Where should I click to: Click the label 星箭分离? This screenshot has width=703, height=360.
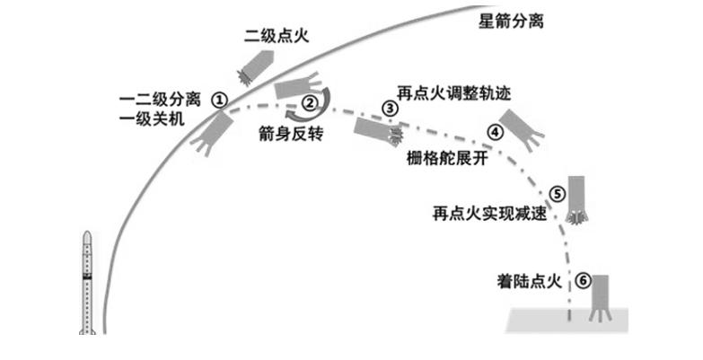point(512,20)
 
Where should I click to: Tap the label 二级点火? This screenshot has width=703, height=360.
point(275,36)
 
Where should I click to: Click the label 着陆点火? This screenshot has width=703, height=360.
point(529,281)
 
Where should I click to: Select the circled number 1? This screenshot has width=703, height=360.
point(220,100)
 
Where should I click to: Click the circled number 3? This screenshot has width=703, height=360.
point(390,108)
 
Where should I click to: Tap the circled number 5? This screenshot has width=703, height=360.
point(557,192)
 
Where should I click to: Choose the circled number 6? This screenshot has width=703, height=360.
point(583,281)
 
